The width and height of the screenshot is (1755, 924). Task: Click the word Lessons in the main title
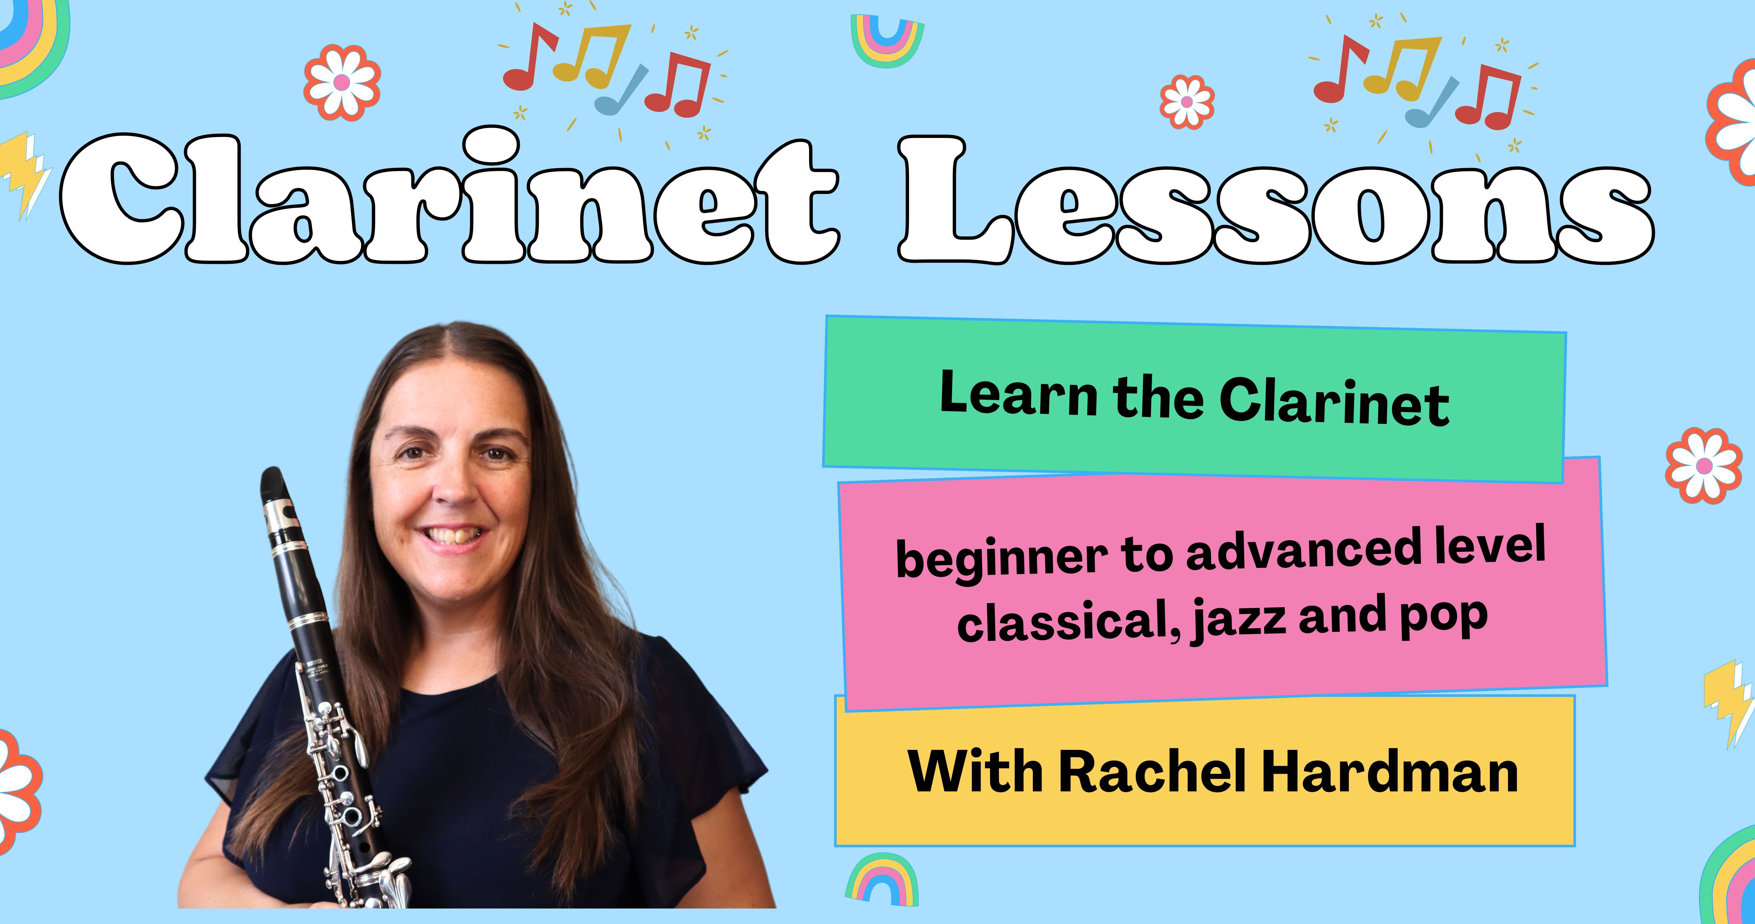(x=1275, y=199)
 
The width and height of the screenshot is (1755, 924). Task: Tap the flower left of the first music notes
(x=342, y=82)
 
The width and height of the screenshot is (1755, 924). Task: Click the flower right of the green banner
(x=1703, y=465)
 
